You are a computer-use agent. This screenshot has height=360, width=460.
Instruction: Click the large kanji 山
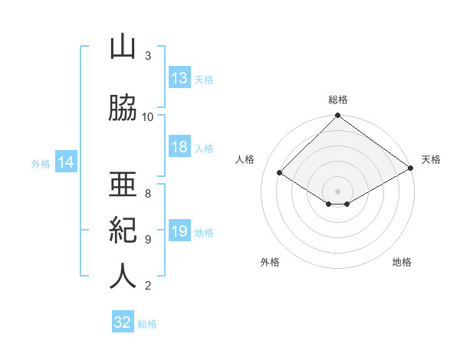coord(123,47)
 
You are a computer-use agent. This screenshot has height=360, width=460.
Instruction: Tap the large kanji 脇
coord(123,108)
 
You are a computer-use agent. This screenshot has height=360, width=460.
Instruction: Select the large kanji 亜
coord(123,184)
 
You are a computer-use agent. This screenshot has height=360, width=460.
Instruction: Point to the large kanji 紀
coord(123,231)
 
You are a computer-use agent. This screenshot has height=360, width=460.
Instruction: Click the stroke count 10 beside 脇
coord(147,117)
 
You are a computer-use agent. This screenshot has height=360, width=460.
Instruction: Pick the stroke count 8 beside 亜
coord(148,194)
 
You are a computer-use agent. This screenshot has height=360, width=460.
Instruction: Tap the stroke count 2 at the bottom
coord(148,286)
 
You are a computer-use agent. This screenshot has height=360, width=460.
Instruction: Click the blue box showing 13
coord(179,77)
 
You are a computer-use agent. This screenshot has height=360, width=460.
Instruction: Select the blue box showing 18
coord(179,146)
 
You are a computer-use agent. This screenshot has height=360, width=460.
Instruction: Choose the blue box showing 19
coord(179,230)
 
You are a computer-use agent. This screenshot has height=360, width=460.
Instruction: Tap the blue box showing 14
coord(66,162)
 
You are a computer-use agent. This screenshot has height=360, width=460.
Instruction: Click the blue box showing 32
coord(123,321)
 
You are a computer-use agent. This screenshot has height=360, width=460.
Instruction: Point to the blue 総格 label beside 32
coord(147,324)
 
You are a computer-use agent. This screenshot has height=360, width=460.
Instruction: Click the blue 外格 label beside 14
coord(41,164)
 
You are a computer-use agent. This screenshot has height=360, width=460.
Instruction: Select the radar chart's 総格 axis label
coord(338,100)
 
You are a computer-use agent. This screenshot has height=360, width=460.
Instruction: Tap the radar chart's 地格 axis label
coord(402,262)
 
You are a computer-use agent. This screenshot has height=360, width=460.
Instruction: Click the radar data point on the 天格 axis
coord(411,168)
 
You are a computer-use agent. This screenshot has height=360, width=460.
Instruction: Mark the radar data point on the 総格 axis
coord(337,115)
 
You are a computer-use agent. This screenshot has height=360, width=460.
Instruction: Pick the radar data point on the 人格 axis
coord(279,172)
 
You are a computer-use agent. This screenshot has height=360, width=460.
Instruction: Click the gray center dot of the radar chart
coord(337,191)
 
